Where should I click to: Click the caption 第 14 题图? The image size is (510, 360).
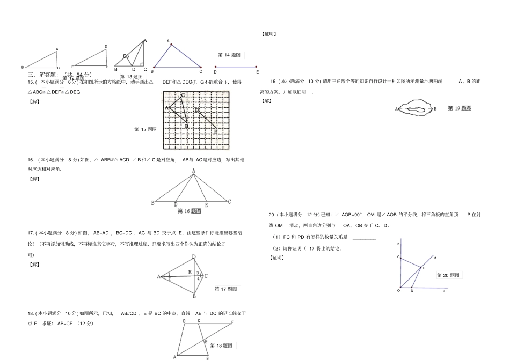tap(229, 55)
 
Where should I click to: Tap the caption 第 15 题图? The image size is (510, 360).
tap(145, 129)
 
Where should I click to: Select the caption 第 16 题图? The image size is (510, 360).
tap(189, 211)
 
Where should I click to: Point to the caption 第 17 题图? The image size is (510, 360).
tap(226, 289)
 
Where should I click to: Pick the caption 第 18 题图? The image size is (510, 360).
tap(221, 346)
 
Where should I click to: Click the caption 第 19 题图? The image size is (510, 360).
tap(460, 108)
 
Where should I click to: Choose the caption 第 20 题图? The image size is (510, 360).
tap(449, 275)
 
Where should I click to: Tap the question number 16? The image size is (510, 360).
tap(31, 159)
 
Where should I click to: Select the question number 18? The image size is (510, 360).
tap(31, 313)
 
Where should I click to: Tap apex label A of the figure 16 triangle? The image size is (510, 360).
tap(194, 171)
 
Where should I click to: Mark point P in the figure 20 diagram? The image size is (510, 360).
tap(424, 268)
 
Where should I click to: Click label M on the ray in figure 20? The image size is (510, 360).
tap(434, 258)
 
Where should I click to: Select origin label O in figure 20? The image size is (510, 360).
tap(398, 290)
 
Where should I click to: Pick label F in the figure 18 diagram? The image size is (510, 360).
tap(232, 322)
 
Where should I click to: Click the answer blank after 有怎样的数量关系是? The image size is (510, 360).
tap(364, 237)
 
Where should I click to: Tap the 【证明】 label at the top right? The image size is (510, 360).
tap(269, 34)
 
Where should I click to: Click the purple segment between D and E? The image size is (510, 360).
tap(236, 67)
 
